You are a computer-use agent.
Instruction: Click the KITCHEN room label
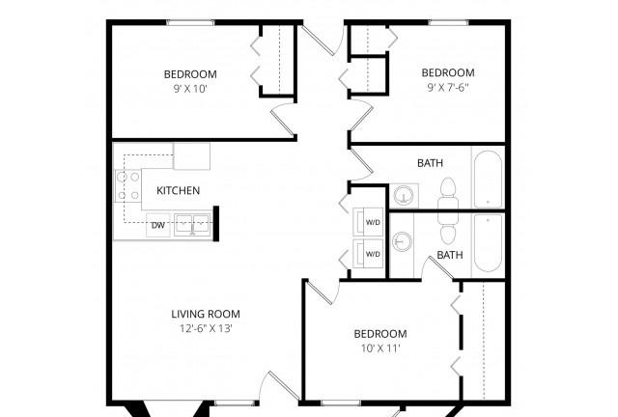tap(178, 190)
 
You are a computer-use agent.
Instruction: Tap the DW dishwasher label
tap(156, 226)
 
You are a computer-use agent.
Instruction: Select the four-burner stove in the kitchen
tap(128, 183)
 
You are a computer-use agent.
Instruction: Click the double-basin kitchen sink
tap(191, 226)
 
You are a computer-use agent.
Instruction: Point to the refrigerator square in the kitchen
tap(191, 155)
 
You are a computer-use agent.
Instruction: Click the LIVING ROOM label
tap(205, 314)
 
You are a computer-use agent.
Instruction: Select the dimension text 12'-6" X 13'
tap(205, 328)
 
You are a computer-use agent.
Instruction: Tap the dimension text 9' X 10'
tap(189, 89)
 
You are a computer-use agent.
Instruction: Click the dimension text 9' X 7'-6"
tap(448, 88)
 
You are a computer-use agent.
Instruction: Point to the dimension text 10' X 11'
tap(379, 348)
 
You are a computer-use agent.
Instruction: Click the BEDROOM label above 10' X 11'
tap(379, 334)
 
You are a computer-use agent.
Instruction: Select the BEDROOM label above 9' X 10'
tap(189, 74)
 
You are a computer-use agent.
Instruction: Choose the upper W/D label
tap(372, 223)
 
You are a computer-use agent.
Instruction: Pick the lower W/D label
tap(372, 254)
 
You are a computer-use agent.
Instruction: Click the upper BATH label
tap(430, 163)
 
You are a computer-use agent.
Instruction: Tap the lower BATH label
tap(449, 255)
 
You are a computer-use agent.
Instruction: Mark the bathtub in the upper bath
tap(489, 179)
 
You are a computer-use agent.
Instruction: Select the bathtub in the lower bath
tap(489, 243)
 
